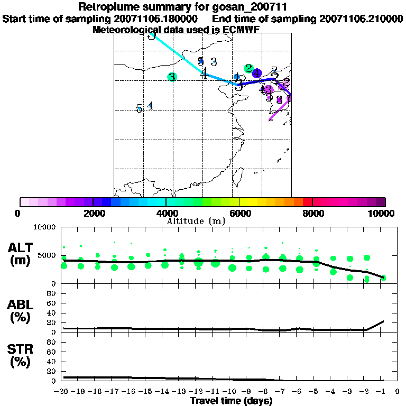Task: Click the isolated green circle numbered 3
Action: (x=172, y=77)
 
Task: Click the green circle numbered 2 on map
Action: (x=248, y=69)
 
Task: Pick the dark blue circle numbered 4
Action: (x=257, y=73)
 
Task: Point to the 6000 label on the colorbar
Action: (x=239, y=213)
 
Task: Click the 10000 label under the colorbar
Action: (x=380, y=213)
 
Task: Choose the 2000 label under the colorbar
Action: (x=93, y=213)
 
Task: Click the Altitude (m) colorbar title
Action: (x=196, y=221)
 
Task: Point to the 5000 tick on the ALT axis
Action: (x=48, y=256)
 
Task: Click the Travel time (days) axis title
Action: (x=231, y=401)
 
